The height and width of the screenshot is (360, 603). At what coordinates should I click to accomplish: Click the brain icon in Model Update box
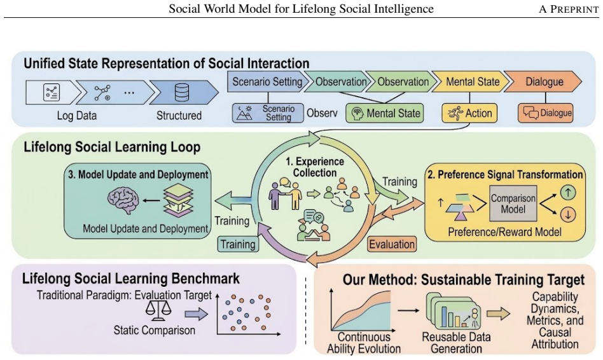coord(123,200)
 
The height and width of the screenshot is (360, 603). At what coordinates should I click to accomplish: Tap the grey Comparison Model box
coord(513,204)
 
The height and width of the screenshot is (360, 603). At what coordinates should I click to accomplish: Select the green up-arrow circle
coord(568,192)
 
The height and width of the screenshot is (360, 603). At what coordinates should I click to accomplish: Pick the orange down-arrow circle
coord(568,214)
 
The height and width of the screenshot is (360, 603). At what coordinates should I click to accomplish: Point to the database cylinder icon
coord(181,93)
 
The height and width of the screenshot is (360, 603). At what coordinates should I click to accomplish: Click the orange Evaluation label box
coord(392,244)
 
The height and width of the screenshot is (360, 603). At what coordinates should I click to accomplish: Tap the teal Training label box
coord(238,244)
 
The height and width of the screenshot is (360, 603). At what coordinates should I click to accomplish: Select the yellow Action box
coord(469,113)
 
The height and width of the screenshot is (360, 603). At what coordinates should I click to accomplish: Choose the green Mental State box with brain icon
coord(385,113)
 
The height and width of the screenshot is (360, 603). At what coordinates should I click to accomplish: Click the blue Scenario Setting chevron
coord(268,81)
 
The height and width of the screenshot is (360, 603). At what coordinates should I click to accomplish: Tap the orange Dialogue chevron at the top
coord(543,81)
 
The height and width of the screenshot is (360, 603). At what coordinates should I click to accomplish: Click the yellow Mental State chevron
coord(471,81)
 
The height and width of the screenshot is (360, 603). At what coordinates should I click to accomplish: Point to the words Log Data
coord(76,115)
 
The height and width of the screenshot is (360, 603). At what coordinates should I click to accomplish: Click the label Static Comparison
coord(154,330)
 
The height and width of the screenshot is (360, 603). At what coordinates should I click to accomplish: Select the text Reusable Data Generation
coord(456,343)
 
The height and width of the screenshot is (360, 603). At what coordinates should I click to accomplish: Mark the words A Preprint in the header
coord(569,10)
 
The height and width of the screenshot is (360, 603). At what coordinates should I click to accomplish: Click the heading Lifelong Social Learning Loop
coord(112,147)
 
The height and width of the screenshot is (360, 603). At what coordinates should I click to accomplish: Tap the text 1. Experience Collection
coord(315,167)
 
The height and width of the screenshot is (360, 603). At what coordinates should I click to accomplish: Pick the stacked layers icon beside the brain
coord(179,200)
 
